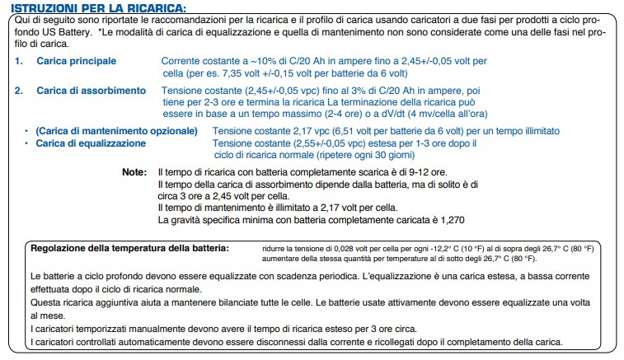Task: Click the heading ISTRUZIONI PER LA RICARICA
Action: coord(99,7)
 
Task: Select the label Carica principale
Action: coord(77,62)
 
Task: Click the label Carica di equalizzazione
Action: coord(91,143)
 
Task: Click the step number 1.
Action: coord(18,62)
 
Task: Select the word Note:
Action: coord(134,172)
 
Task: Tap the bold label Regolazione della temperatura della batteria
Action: coord(129,248)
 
